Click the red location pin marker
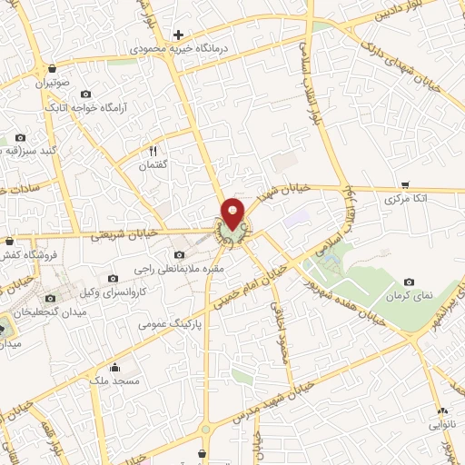tap(233, 213)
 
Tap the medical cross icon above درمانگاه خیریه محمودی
tap(178, 34)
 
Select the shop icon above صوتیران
tap(53, 68)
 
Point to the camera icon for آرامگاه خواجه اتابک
tap(86, 94)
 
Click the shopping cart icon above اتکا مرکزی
tap(404, 184)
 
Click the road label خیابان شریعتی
tap(127, 233)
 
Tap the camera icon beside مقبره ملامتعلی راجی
tap(180, 255)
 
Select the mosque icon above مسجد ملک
tap(115, 368)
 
